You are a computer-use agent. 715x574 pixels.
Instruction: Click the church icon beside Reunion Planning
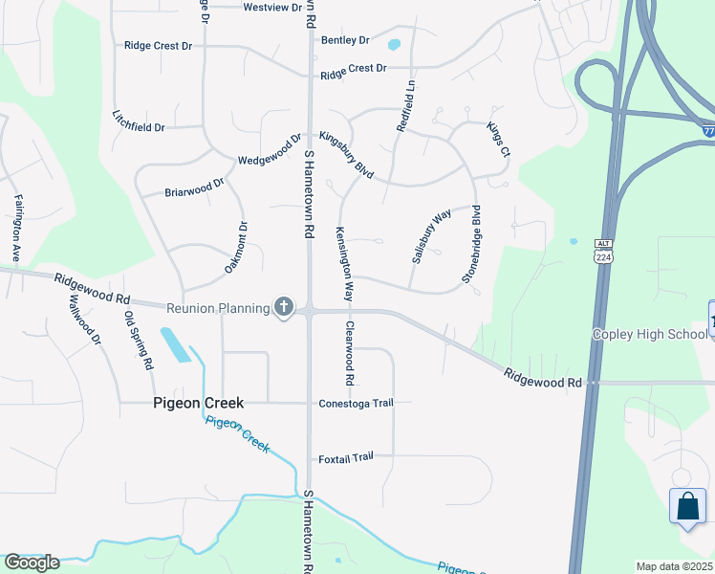click(283, 307)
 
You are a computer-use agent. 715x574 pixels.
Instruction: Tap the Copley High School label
click(649, 334)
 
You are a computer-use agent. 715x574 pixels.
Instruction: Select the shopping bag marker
click(687, 507)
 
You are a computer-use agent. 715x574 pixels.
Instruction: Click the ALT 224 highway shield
click(602, 252)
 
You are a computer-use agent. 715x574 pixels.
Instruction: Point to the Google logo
click(31, 563)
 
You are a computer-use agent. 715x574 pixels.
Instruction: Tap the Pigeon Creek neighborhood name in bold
click(199, 404)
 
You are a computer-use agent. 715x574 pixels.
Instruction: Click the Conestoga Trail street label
click(356, 403)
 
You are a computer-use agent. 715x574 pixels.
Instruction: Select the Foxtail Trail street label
click(345, 458)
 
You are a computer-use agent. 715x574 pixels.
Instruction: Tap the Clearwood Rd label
click(350, 353)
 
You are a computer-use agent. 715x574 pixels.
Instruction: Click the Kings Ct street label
click(498, 140)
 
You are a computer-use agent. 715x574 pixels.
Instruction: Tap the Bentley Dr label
click(345, 40)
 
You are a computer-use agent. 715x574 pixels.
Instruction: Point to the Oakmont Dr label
click(236, 248)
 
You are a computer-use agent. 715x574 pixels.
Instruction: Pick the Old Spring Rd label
click(139, 339)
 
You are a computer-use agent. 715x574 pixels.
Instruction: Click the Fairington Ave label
click(17, 229)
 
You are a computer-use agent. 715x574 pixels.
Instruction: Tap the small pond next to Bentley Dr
click(393, 44)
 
